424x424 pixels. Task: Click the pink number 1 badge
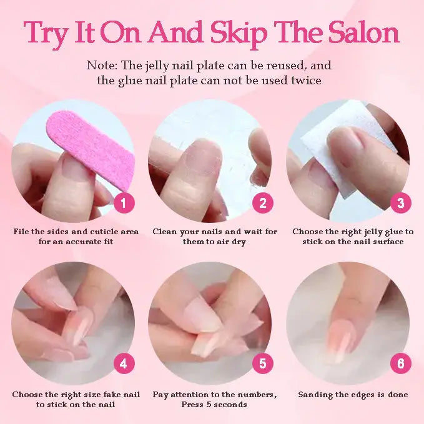pyautogui.click(x=124, y=202)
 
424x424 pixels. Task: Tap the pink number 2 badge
pyautogui.click(x=262, y=202)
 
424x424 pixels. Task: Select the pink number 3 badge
pyautogui.click(x=400, y=202)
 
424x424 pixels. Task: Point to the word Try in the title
pyautogui.click(x=51, y=33)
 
